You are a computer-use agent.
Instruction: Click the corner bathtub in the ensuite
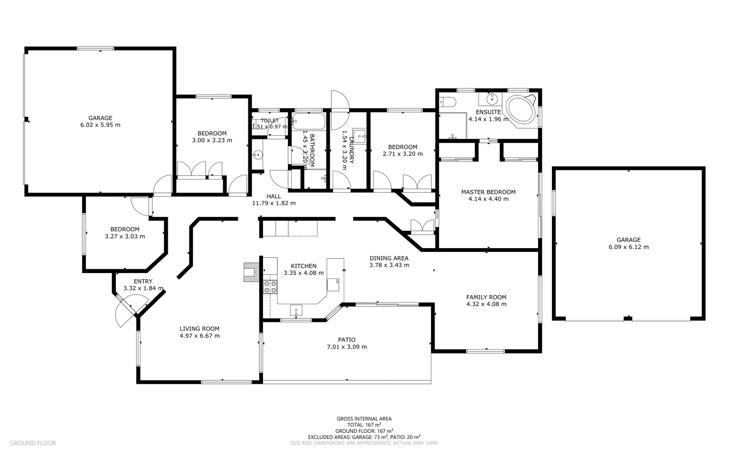click(521, 109)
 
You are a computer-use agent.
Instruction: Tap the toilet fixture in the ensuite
click(448, 102)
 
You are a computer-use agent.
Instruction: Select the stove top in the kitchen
click(270, 286)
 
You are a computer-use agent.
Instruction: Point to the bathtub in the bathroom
click(309, 121)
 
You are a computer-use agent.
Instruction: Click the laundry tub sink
click(359, 136)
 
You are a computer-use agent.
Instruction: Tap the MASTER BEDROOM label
click(488, 192)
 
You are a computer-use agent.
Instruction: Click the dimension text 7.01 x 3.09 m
click(347, 347)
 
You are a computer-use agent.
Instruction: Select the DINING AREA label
click(389, 258)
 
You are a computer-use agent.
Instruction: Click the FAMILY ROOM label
click(486, 297)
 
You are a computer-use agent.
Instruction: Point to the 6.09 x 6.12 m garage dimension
click(628, 247)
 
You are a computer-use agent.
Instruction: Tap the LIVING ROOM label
click(199, 329)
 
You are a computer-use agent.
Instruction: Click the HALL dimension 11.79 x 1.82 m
click(274, 203)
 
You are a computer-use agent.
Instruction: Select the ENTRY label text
click(143, 281)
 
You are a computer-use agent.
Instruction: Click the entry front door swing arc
click(126, 312)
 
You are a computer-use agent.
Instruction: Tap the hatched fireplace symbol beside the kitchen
click(250, 272)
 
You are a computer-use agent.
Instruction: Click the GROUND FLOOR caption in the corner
click(33, 443)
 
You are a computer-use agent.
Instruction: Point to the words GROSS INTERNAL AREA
click(364, 419)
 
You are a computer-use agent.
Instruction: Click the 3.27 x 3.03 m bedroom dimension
click(125, 237)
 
